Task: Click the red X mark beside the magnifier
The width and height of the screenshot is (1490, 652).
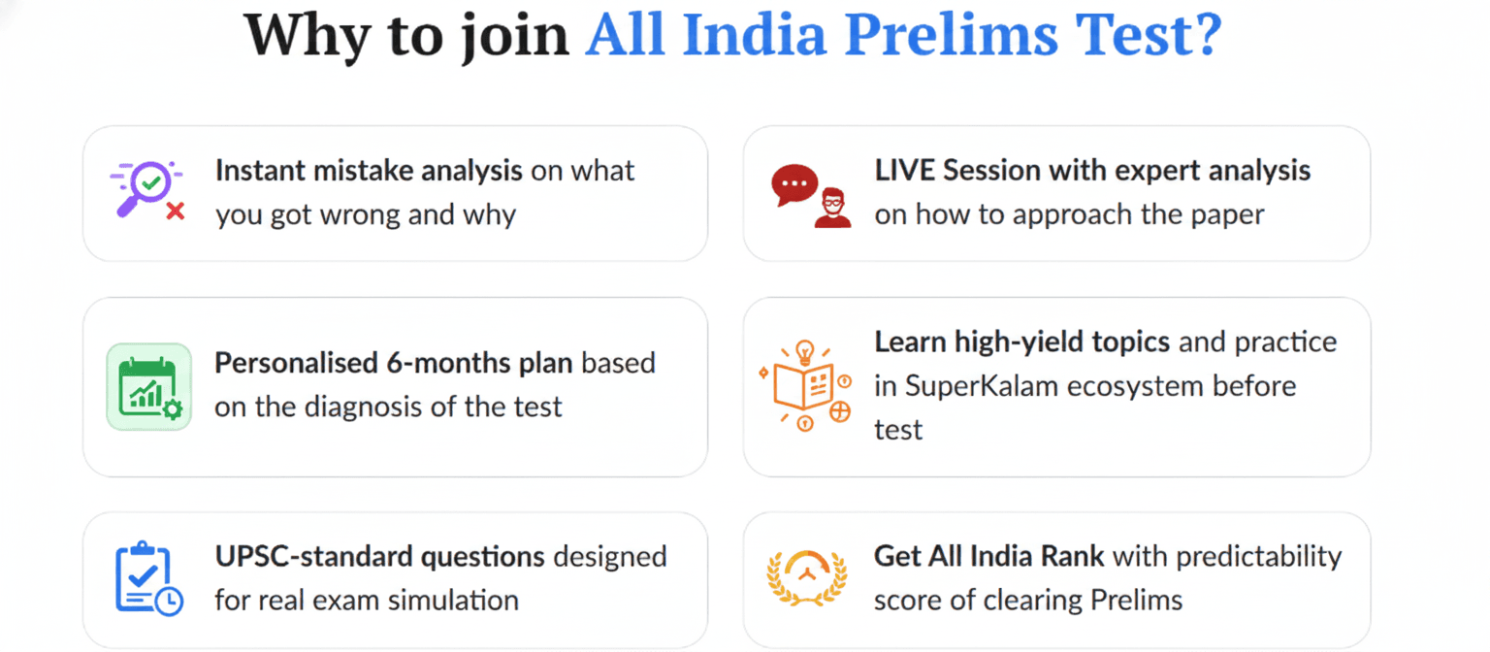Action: [x=176, y=212]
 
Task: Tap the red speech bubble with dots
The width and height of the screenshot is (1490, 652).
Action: [x=794, y=184]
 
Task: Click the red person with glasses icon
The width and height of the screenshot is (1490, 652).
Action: [x=832, y=209]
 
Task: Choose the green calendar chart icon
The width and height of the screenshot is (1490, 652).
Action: [x=149, y=386]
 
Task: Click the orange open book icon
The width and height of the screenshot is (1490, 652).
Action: [x=803, y=386]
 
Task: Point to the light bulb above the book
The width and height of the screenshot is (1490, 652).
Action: [x=805, y=351]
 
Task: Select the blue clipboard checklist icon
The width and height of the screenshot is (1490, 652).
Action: [x=148, y=578]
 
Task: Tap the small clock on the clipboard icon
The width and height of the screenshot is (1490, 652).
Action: [x=169, y=601]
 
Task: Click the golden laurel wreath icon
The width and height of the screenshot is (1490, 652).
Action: [x=807, y=577]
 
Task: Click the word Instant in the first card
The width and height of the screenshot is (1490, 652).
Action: [x=260, y=171]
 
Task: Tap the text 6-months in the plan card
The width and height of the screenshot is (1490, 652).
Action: [x=448, y=363]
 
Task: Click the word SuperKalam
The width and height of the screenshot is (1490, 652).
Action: [x=981, y=386]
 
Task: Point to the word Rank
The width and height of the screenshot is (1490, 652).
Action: [x=1072, y=556]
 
